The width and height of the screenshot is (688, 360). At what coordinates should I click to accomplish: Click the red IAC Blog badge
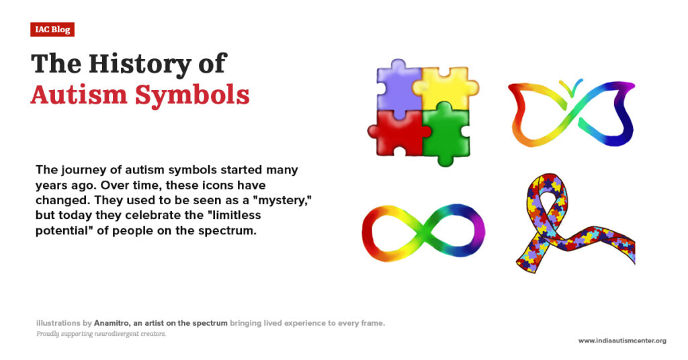(52, 30)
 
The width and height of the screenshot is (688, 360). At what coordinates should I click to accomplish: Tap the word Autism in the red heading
(79, 95)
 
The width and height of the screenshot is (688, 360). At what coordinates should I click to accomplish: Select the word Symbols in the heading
(192, 95)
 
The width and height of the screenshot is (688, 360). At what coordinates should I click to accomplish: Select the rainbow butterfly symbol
(571, 114)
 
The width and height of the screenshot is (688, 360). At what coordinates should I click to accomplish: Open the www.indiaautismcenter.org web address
(622, 341)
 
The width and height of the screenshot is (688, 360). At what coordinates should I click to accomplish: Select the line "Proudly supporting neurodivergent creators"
(101, 334)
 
